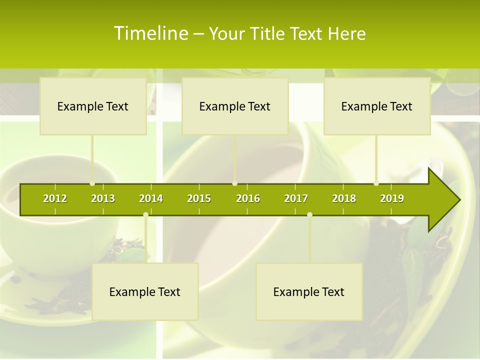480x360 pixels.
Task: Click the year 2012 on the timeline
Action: click(x=55, y=198)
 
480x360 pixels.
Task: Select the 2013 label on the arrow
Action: click(x=103, y=198)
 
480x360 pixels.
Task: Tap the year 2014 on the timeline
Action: click(x=151, y=198)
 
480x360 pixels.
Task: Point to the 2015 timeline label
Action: click(x=199, y=198)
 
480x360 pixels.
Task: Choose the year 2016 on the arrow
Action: click(x=248, y=198)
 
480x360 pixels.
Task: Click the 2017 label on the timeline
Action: click(x=296, y=198)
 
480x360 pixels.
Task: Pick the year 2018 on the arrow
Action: click(x=344, y=198)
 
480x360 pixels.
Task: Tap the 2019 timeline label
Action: click(x=392, y=198)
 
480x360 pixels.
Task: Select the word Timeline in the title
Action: click(x=150, y=33)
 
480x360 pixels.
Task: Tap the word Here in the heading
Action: click(x=346, y=33)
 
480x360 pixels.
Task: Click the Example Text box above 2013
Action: click(x=93, y=106)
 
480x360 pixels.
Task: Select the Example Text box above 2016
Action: click(x=235, y=106)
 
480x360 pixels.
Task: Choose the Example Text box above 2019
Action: click(x=377, y=106)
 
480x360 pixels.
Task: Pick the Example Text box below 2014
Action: click(x=145, y=291)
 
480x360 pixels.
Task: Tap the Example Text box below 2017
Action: click(x=309, y=291)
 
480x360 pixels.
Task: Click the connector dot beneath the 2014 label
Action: click(x=145, y=215)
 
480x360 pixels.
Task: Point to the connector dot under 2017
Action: click(x=309, y=215)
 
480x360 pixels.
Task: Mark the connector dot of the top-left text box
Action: click(x=92, y=183)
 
